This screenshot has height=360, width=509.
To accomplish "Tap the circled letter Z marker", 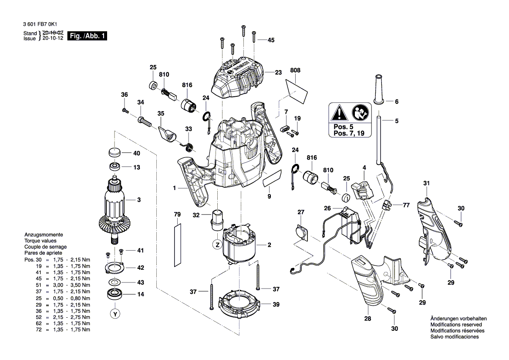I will tap(216, 245).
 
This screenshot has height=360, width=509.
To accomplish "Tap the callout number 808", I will tap(295, 70).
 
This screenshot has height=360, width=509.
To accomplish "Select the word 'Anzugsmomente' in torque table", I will tap(44, 234).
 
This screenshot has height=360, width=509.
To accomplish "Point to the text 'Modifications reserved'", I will tap(455, 325).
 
